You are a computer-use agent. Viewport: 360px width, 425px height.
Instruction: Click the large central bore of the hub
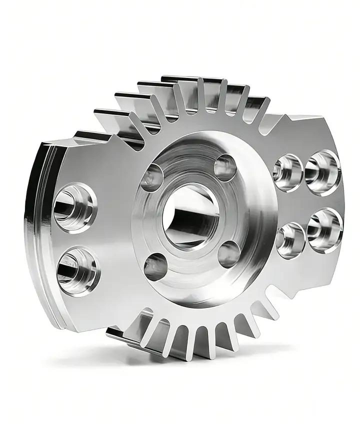pyautogui.click(x=192, y=215)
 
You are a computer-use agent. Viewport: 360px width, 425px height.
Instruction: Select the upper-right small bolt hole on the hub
pyautogui.click(x=225, y=167)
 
